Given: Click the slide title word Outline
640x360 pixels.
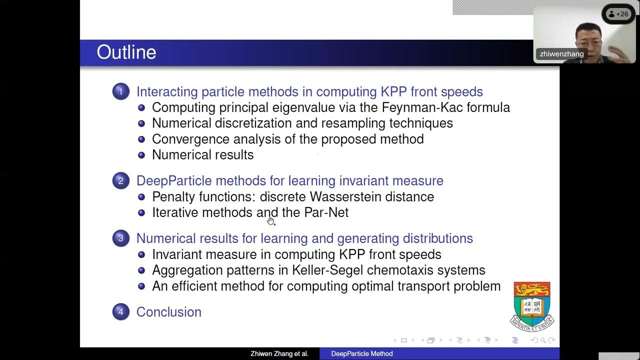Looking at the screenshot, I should pyautogui.click(x=126, y=52).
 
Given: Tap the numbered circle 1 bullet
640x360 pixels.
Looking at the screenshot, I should pyautogui.click(x=120, y=91).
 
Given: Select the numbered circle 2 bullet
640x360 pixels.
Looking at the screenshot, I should pyautogui.click(x=120, y=180).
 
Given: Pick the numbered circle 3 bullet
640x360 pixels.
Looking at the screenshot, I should pyautogui.click(x=120, y=238).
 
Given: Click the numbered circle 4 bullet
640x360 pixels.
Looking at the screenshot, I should pyautogui.click(x=120, y=312).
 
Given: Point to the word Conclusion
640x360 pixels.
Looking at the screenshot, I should pyautogui.click(x=168, y=312).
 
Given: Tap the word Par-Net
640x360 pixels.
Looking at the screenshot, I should pyautogui.click(x=326, y=212).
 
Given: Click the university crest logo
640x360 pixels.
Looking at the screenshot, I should pyautogui.click(x=532, y=305).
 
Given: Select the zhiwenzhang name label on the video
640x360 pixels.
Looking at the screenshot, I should pyautogui.click(x=561, y=54).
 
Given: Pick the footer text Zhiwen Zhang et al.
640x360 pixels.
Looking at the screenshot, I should pyautogui.click(x=279, y=354).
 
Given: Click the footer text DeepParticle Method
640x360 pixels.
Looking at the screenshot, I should pyautogui.click(x=362, y=354).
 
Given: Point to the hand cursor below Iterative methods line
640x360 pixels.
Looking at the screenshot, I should pyautogui.click(x=270, y=221).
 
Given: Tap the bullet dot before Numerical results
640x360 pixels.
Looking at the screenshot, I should pyautogui.click(x=141, y=155).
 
